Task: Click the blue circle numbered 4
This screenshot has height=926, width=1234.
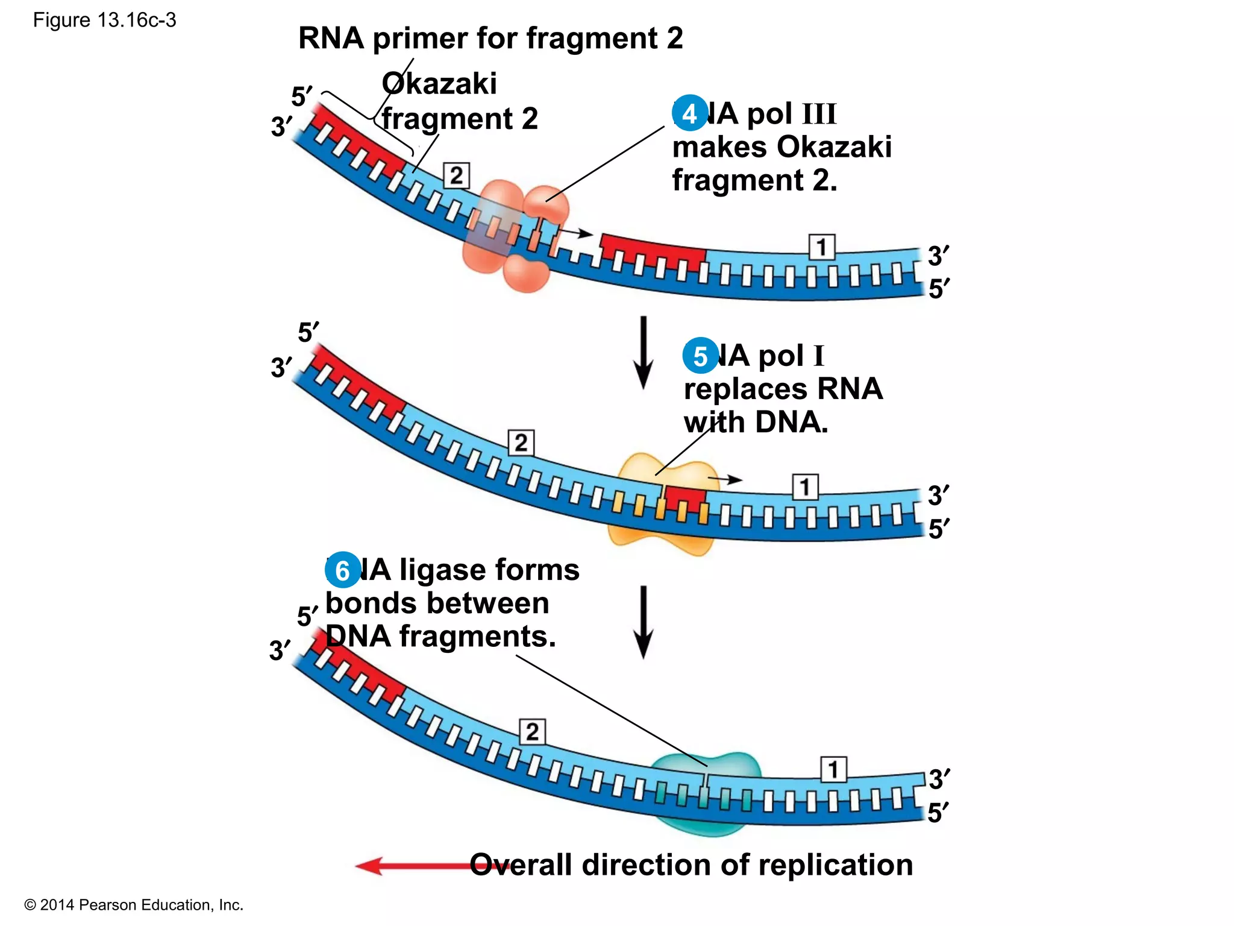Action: click(x=689, y=113)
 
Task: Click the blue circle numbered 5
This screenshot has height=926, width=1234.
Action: click(x=700, y=356)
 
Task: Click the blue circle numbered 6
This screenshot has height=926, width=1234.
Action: click(x=342, y=570)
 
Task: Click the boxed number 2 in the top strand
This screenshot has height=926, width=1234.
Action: click(x=456, y=176)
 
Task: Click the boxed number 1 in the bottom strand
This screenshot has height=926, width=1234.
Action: click(x=833, y=769)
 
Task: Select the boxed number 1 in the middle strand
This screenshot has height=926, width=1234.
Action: click(x=805, y=487)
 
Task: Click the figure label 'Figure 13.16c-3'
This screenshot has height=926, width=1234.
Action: click(x=104, y=20)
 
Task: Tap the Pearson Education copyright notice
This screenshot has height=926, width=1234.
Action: click(x=133, y=905)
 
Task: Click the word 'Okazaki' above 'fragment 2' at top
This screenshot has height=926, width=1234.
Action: click(x=439, y=83)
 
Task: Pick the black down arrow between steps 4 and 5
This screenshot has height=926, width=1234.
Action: click(x=644, y=353)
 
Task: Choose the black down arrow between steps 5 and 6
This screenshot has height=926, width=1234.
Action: click(x=644, y=622)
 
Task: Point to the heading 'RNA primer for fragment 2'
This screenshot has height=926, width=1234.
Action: click(x=490, y=39)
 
